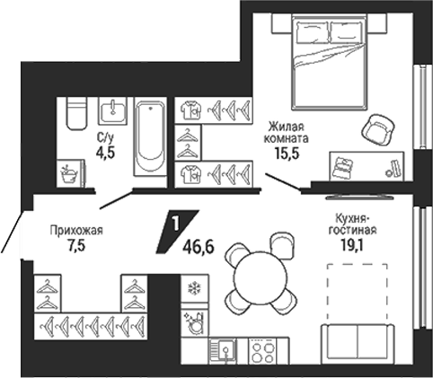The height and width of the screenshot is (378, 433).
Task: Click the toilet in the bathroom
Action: click(x=76, y=113)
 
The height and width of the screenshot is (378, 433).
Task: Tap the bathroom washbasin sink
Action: click(x=112, y=110)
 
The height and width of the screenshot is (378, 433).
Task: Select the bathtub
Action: click(x=150, y=136)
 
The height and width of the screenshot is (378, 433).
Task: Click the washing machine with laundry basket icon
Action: click(x=71, y=173)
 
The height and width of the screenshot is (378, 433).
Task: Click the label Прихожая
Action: click(x=76, y=231)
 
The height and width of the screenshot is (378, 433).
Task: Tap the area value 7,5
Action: click(x=76, y=246)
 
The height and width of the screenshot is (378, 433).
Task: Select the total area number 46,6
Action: click(x=199, y=247)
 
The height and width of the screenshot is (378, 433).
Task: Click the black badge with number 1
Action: click(x=177, y=232)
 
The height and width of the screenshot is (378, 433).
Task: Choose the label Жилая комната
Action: click(x=286, y=133)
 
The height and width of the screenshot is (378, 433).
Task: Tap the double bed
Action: click(x=330, y=62)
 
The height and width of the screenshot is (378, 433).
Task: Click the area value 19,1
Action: click(x=352, y=245)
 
